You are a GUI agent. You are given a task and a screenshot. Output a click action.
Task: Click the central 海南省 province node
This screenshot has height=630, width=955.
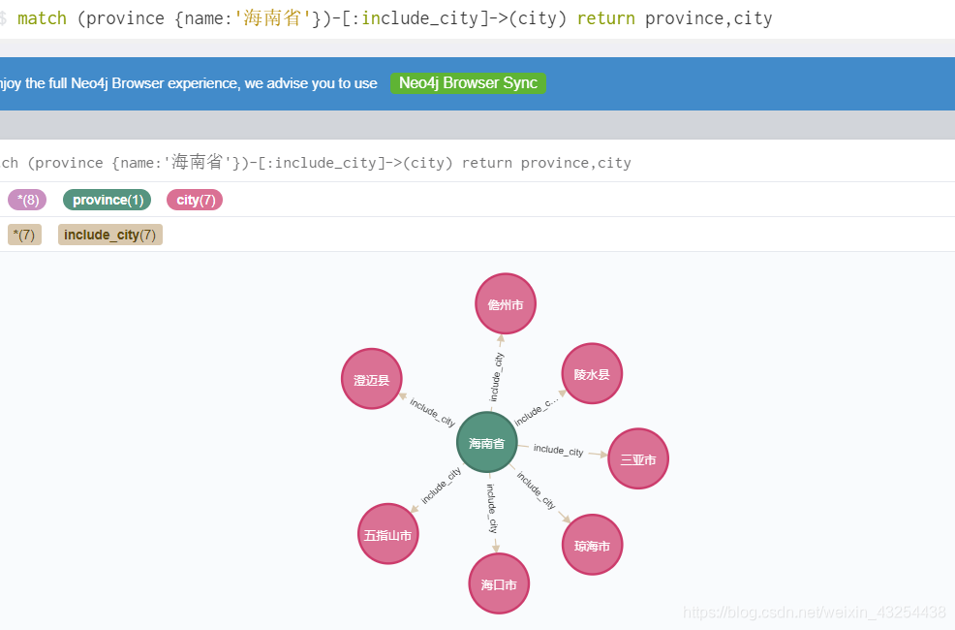click(486, 443)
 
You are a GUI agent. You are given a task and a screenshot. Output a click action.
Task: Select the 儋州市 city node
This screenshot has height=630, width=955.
click(506, 304)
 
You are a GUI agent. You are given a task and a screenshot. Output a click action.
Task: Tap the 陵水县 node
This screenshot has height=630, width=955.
click(592, 373)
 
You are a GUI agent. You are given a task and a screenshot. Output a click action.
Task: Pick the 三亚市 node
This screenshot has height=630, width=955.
click(638, 459)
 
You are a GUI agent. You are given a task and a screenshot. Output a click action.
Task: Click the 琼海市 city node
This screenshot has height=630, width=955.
click(592, 546)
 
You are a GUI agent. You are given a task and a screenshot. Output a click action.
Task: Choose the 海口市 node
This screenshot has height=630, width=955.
click(499, 584)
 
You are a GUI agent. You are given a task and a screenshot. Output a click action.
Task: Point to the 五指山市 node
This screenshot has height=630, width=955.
click(387, 534)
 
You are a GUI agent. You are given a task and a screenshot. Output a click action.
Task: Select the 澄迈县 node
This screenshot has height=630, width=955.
click(371, 380)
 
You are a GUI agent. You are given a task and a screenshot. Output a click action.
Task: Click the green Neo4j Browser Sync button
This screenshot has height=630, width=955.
click(468, 83)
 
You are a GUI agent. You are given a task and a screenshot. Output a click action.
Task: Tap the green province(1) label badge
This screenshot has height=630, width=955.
click(108, 200)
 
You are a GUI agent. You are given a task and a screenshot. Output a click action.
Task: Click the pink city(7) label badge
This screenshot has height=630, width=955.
click(194, 200)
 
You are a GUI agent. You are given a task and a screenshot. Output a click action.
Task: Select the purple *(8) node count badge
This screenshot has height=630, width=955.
click(27, 200)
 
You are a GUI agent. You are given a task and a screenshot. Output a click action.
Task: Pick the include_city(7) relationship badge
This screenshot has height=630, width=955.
click(109, 235)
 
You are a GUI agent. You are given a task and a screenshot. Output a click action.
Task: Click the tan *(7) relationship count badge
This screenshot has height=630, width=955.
click(24, 235)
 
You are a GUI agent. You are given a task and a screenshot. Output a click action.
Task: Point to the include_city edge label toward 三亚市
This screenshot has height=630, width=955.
click(558, 451)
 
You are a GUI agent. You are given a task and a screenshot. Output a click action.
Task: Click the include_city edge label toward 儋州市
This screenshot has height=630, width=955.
click(497, 377)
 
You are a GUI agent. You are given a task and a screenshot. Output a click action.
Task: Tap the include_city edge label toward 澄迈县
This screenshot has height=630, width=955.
click(433, 412)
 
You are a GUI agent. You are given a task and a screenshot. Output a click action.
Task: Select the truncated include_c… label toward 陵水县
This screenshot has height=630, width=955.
click(537, 411)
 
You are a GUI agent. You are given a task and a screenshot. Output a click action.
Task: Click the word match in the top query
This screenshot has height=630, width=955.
click(42, 18)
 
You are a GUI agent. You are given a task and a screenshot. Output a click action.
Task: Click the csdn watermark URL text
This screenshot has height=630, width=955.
click(814, 613)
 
